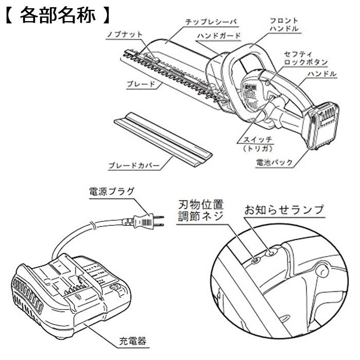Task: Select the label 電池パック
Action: (275, 163)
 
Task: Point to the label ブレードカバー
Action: (131, 166)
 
